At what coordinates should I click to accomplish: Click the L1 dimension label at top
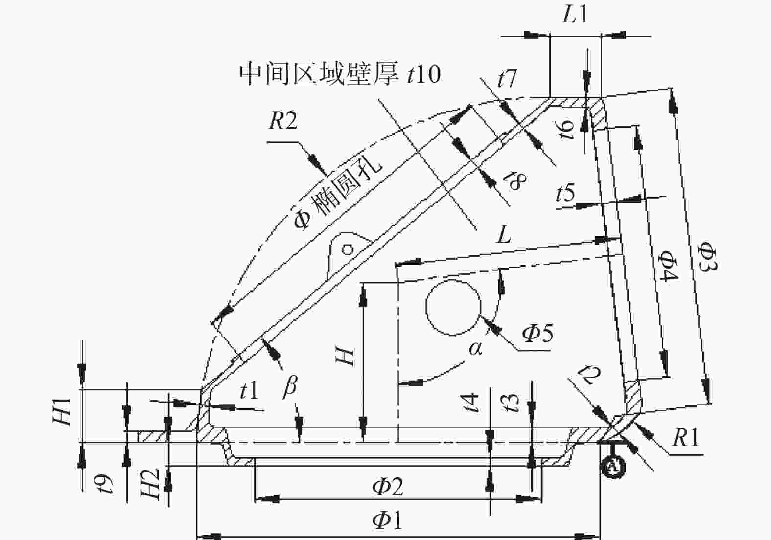click(x=575, y=15)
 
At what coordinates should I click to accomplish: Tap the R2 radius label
click(x=283, y=121)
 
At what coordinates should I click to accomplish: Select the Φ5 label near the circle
click(x=537, y=333)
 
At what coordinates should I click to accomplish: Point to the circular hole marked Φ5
click(x=453, y=307)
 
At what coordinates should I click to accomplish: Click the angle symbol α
click(x=475, y=349)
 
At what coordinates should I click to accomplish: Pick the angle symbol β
click(x=290, y=387)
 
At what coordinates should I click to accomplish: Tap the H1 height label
click(x=62, y=412)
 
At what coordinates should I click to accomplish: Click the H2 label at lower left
click(x=151, y=484)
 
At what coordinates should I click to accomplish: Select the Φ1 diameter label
click(x=387, y=521)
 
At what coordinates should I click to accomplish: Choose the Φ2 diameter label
click(x=388, y=487)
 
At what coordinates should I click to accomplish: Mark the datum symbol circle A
click(x=613, y=467)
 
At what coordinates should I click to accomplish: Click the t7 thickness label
click(x=507, y=78)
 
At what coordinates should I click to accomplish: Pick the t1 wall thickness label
click(x=249, y=391)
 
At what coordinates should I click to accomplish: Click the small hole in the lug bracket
click(x=348, y=249)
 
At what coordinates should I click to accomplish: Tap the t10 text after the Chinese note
click(x=423, y=74)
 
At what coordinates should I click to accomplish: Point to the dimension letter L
click(x=504, y=235)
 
